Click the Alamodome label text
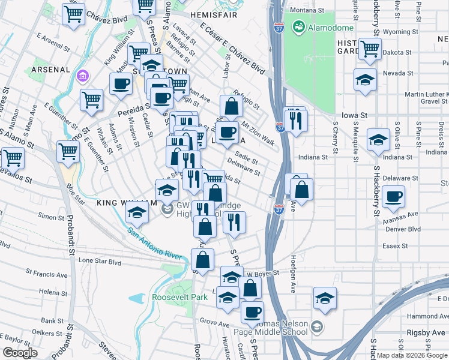pos(325,28)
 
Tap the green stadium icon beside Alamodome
pos(298,27)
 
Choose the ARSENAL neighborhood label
pos(51,70)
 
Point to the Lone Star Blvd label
pos(100,262)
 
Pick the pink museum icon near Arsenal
pos(83,77)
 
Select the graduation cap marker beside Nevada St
pos(365,80)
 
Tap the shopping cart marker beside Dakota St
pos(370,48)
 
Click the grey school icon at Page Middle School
pos(317,327)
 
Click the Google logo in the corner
pos(20,353)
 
